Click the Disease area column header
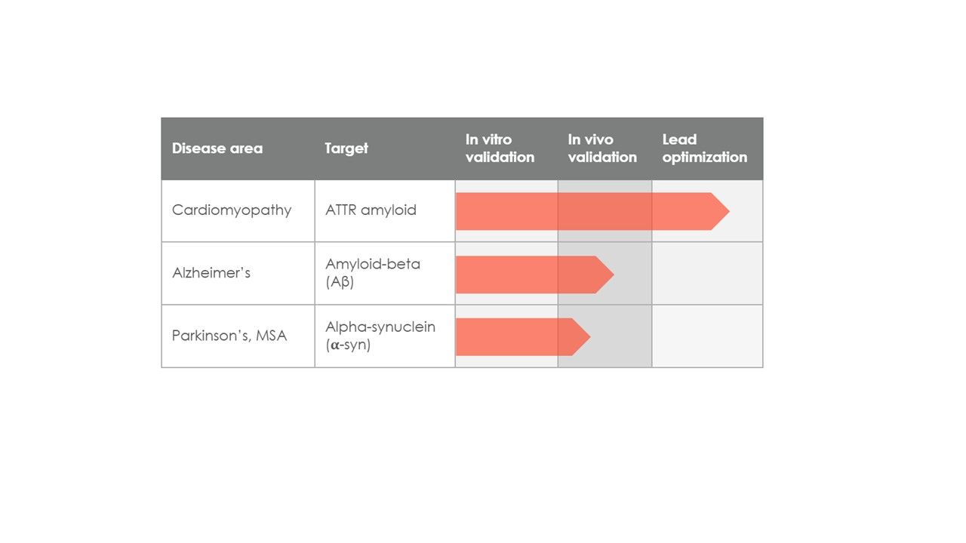217,149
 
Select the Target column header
346,149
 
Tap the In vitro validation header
500,149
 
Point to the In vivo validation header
602,149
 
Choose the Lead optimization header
705,149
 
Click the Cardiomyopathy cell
232,210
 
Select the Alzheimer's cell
211,273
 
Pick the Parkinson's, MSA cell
229,336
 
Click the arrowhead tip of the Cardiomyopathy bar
729,211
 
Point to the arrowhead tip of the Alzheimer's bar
614,275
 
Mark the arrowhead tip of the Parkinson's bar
590,337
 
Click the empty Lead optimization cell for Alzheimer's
707,273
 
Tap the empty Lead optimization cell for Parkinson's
707,336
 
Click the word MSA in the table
271,336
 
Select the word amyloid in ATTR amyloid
389,210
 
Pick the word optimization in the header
705,158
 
